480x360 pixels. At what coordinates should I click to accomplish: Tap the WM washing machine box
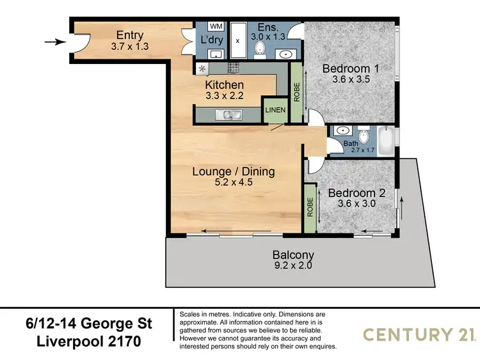pyautogui.click(x=216, y=27)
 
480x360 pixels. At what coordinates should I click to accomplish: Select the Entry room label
pyautogui.click(x=129, y=35)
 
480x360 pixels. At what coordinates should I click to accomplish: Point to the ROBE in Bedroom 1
pyautogui.click(x=296, y=92)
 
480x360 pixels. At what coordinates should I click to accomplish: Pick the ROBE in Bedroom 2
pyautogui.click(x=310, y=209)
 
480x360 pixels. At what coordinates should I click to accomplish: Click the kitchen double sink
pyautogui.click(x=228, y=114)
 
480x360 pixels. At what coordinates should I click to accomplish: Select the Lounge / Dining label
pyautogui.click(x=234, y=171)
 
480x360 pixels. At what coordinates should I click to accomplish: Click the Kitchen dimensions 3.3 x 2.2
pyautogui.click(x=224, y=97)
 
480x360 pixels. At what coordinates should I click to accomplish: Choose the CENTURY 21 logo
pyautogui.click(x=418, y=334)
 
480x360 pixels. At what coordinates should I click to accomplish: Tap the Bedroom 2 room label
pyautogui.click(x=351, y=192)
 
